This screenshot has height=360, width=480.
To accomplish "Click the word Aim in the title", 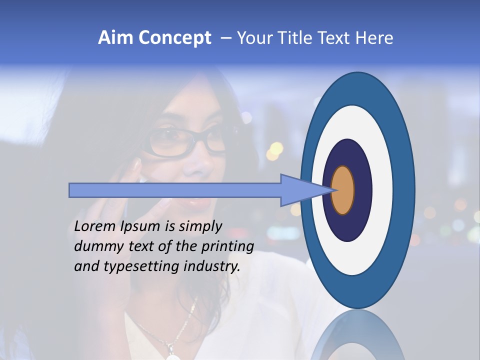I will (115, 38).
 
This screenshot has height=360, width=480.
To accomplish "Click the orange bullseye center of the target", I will (342, 190).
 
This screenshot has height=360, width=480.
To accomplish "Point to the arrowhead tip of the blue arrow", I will (332, 190).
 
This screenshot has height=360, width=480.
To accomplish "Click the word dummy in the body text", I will (95, 246).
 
